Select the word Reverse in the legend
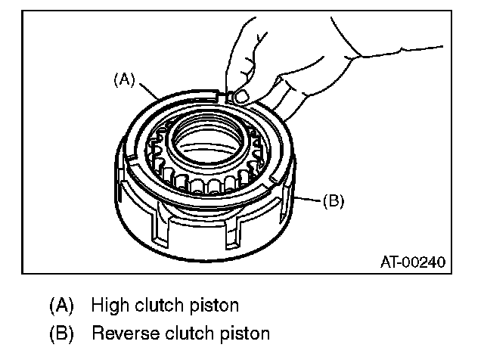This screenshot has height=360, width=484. pos(120,332)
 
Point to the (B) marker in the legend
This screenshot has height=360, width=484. pos(61,332)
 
